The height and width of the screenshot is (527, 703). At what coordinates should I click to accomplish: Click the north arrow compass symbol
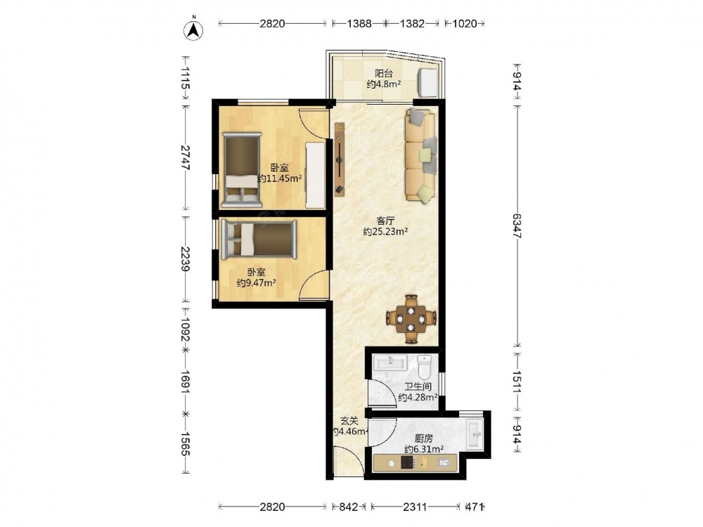(x=194, y=30)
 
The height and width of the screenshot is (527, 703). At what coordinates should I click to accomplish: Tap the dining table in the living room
(x=411, y=318)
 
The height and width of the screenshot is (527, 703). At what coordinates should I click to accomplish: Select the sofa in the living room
(x=420, y=155)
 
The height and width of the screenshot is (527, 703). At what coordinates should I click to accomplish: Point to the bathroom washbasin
(x=390, y=362)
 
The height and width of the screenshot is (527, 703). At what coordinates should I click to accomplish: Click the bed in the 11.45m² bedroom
(x=242, y=170)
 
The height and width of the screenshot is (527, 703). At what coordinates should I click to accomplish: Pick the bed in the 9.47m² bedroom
(x=259, y=240)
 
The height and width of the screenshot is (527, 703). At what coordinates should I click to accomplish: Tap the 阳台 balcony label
(x=383, y=74)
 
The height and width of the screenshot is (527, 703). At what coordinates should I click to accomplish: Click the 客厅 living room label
(x=385, y=221)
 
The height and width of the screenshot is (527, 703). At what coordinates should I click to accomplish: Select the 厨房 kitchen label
(x=424, y=438)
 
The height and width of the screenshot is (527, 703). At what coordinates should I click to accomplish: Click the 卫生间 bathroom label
(x=418, y=386)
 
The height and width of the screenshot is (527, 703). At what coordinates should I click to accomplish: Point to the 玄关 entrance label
(x=349, y=421)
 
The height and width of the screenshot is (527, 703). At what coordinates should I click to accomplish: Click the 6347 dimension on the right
(x=517, y=226)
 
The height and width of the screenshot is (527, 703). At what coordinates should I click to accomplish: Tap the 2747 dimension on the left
(x=185, y=157)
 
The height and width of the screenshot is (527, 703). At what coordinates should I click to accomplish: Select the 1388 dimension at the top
(x=359, y=23)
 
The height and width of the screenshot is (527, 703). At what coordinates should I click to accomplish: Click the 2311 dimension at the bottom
(x=415, y=507)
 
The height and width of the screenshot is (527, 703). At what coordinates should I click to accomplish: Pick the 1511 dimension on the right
(x=517, y=382)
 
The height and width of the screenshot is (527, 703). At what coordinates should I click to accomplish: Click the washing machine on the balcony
(x=428, y=82)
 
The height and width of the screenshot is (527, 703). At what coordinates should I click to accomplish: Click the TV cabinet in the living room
(x=340, y=160)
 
